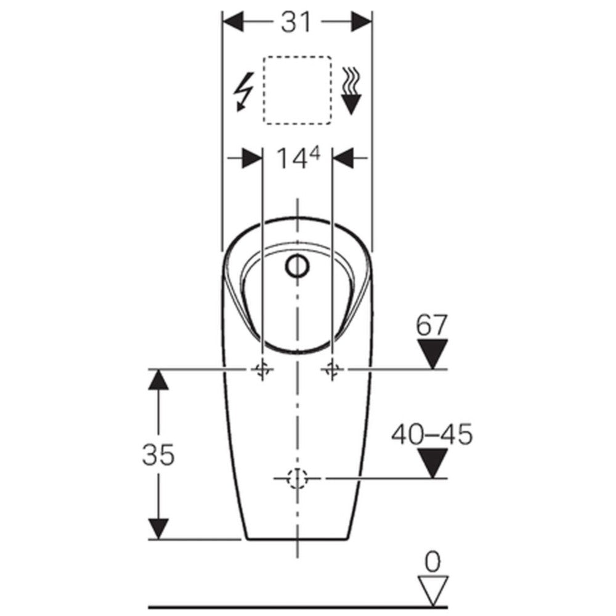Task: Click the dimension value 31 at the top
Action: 297,22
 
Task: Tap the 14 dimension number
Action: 291,159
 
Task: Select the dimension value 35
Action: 158,455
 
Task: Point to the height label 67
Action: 432,325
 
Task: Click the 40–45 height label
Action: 432,434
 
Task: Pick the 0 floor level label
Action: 432,562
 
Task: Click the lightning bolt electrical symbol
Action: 243,92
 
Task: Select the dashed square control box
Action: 297,90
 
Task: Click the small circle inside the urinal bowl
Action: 298,265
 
